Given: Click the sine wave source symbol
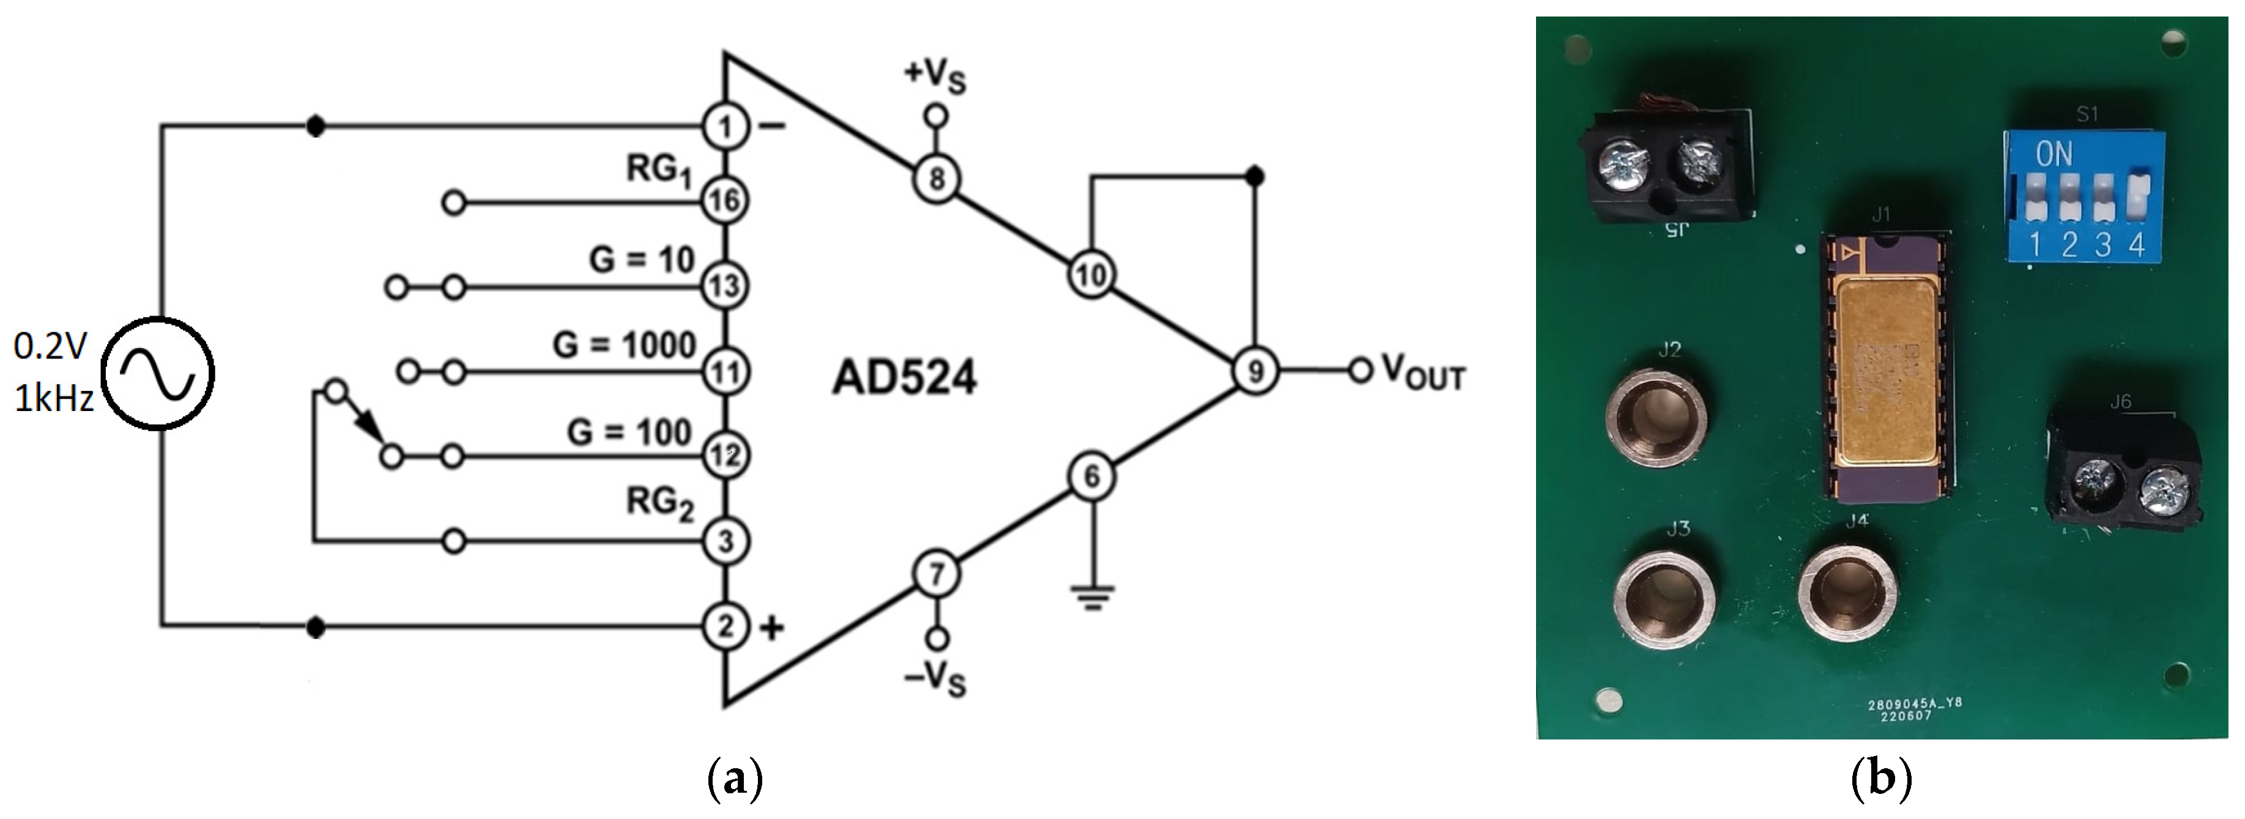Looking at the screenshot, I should pyautogui.click(x=158, y=373).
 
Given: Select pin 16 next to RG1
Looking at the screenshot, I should pyautogui.click(x=725, y=201).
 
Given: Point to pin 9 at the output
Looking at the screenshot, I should pyautogui.click(x=1255, y=371).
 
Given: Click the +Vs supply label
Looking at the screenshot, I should pyautogui.click(x=935, y=75).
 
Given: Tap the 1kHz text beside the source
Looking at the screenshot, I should pyautogui.click(x=54, y=399).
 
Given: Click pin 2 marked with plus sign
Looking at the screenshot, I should pyautogui.click(x=725, y=626).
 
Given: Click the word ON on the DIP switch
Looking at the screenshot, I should pyautogui.click(x=2054, y=155).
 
